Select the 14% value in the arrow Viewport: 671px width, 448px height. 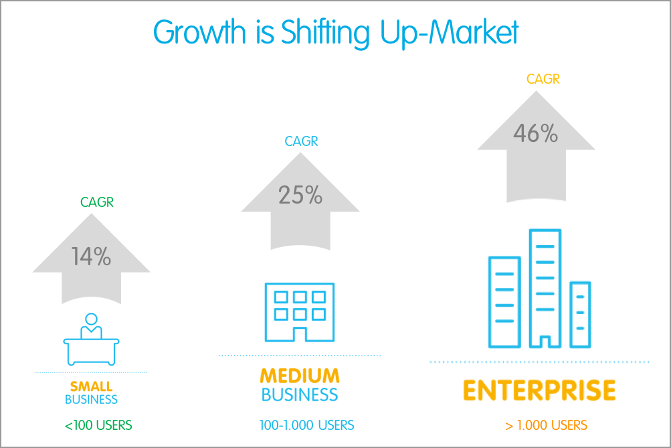tap(92, 256)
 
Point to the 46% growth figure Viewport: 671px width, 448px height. tap(535, 134)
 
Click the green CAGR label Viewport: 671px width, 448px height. tap(97, 202)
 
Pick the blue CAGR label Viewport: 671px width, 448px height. tap(301, 141)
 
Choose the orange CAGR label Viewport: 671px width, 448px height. tap(543, 79)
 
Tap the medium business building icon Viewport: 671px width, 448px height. tap(300, 311)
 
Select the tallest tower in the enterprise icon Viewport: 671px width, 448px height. tap(545, 288)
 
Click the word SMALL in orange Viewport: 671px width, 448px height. tap(91, 386)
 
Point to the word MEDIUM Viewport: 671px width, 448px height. tap(300, 376)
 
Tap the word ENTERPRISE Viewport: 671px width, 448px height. tap(539, 390)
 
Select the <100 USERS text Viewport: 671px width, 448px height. tap(98, 425)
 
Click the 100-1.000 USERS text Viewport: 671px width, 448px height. tap(306, 425)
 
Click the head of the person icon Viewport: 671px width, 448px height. tap(91, 319)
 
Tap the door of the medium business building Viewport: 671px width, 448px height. tap(300, 333)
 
